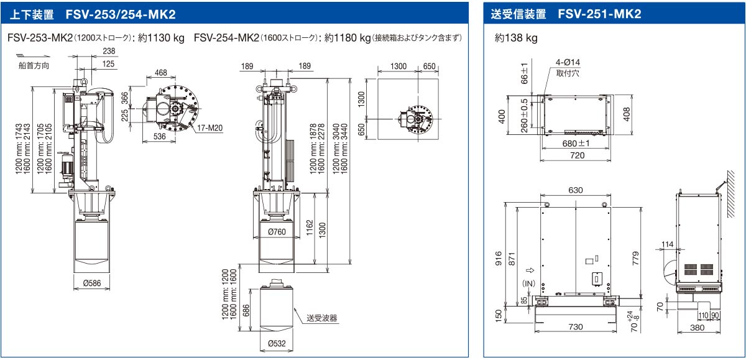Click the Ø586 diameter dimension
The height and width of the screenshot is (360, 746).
tap(92, 284)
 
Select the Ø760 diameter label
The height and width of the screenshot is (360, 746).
tap(277, 233)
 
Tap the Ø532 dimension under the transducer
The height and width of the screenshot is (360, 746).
tap(277, 343)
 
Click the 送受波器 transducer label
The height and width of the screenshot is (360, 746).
tap(321, 318)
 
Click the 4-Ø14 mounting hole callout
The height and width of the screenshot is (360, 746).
tap(568, 62)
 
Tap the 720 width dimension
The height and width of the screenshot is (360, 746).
tap(578, 155)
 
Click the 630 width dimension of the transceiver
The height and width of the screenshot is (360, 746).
tap(575, 190)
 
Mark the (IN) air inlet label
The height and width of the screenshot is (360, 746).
tap(529, 284)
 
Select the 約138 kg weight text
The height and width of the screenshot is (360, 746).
tap(516, 38)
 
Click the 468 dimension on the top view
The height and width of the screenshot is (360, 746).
tap(160, 73)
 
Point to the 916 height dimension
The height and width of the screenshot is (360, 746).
tap(499, 257)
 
